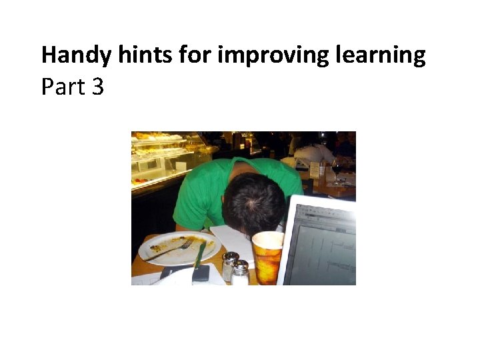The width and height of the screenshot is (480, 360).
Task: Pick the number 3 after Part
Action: tap(97, 87)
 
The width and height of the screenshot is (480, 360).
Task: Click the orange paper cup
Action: tap(268, 257)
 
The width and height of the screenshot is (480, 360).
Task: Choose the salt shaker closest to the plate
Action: tap(229, 265)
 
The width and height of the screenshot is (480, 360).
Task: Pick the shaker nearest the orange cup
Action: tap(240, 272)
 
